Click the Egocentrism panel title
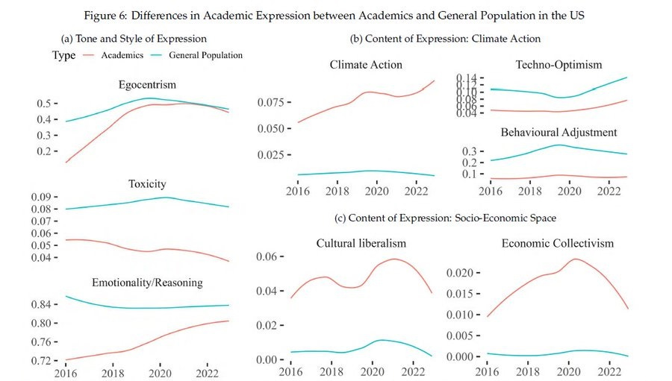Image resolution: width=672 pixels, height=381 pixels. (x=147, y=84)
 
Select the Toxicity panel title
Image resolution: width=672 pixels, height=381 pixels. (x=147, y=183)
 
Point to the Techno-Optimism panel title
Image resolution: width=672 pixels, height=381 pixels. (x=559, y=65)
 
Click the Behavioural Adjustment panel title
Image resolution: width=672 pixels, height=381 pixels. (x=559, y=132)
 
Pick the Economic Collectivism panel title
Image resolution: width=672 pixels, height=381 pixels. (x=557, y=243)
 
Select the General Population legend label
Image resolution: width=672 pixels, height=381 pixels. (x=205, y=55)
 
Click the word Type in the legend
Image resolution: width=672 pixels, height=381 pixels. (x=64, y=55)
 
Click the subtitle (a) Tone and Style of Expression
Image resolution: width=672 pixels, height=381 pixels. (x=134, y=38)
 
